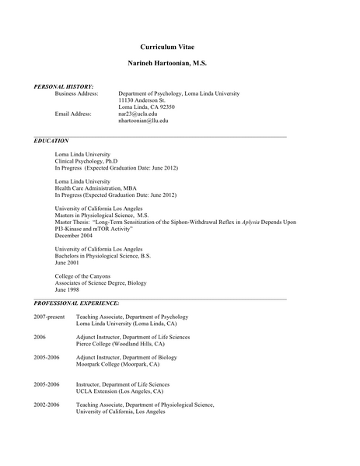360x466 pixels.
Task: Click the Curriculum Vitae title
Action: pyautogui.click(x=180, y=46)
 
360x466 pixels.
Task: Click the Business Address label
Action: pyautogui.click(x=76, y=93)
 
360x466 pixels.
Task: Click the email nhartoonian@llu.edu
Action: pyautogui.click(x=143, y=121)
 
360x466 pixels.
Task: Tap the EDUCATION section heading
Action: pyautogui.click(x=51, y=141)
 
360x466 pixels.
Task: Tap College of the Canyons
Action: pyautogui.click(x=82, y=276)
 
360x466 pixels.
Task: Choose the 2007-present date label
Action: pyautogui.click(x=49, y=317)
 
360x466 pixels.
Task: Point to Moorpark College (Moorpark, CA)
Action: pyautogui.click(x=117, y=364)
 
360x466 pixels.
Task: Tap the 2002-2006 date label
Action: pyautogui.click(x=47, y=405)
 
